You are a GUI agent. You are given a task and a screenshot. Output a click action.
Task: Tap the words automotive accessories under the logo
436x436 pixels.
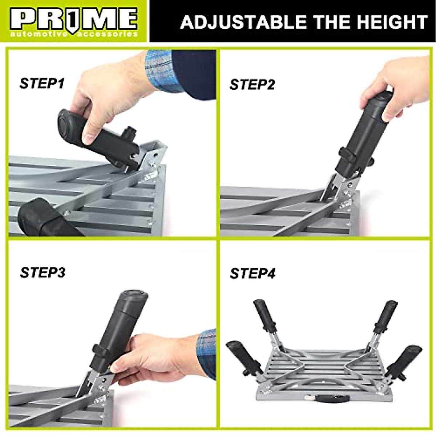(x=74, y=34)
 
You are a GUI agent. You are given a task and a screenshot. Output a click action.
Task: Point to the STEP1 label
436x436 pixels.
(x=42, y=83)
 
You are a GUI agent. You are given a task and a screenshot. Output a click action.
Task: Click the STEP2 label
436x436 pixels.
(x=252, y=85)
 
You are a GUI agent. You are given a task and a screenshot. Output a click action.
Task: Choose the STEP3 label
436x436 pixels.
(x=43, y=272)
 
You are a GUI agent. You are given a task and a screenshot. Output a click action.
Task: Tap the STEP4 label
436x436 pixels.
(x=253, y=273)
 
